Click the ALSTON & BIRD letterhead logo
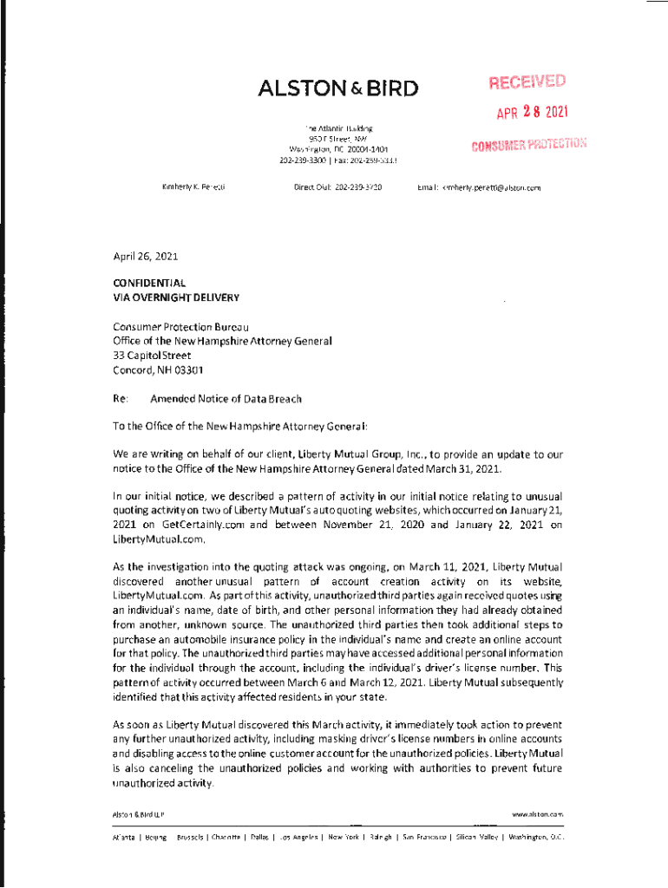[337, 88]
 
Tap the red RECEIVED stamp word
[527, 83]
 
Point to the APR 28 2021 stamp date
[532, 112]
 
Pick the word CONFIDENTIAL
[149, 283]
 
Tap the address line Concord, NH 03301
[158, 369]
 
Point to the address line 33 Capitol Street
[152, 355]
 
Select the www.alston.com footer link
[538, 814]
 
